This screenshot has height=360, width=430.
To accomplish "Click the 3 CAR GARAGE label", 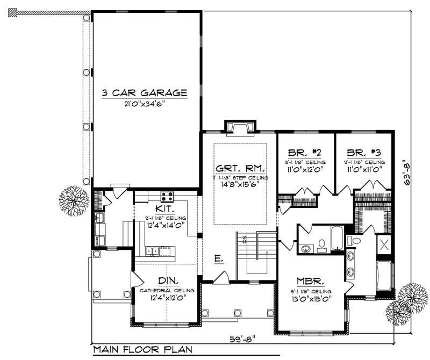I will (x=145, y=93).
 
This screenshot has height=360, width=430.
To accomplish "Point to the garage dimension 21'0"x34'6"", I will (x=145, y=104).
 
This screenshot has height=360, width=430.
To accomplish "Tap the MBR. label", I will (x=310, y=281).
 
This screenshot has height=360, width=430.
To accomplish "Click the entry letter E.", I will (x=218, y=259).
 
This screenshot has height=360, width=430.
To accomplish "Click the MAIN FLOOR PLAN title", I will (x=143, y=349).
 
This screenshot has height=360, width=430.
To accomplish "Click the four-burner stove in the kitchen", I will (x=167, y=196).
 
